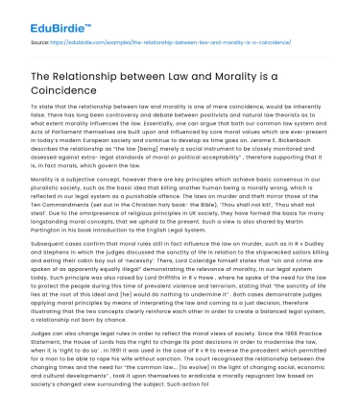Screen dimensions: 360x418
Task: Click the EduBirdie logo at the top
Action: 44,16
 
